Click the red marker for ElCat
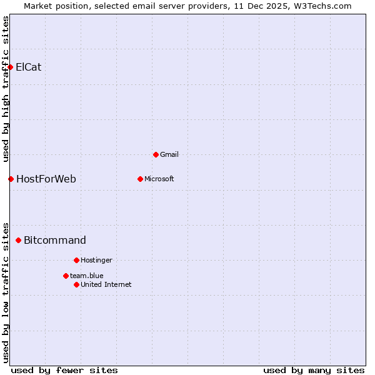[10, 67]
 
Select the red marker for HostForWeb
[11, 179]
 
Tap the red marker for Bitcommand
[18, 240]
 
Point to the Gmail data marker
[156, 154]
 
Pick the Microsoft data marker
[140, 179]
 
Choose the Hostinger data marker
[76, 260]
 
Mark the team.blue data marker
[66, 276]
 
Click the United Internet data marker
[76, 284]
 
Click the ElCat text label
[29, 67]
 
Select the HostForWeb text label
[46, 179]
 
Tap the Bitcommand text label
[55, 240]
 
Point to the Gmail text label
[169, 154]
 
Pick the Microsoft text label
[159, 179]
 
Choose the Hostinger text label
[97, 260]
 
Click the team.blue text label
[87, 276]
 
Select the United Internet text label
[106, 284]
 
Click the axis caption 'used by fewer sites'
[64, 370]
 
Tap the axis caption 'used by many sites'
[314, 370]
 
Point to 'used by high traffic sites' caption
[6, 89]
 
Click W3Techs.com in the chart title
[322, 6]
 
